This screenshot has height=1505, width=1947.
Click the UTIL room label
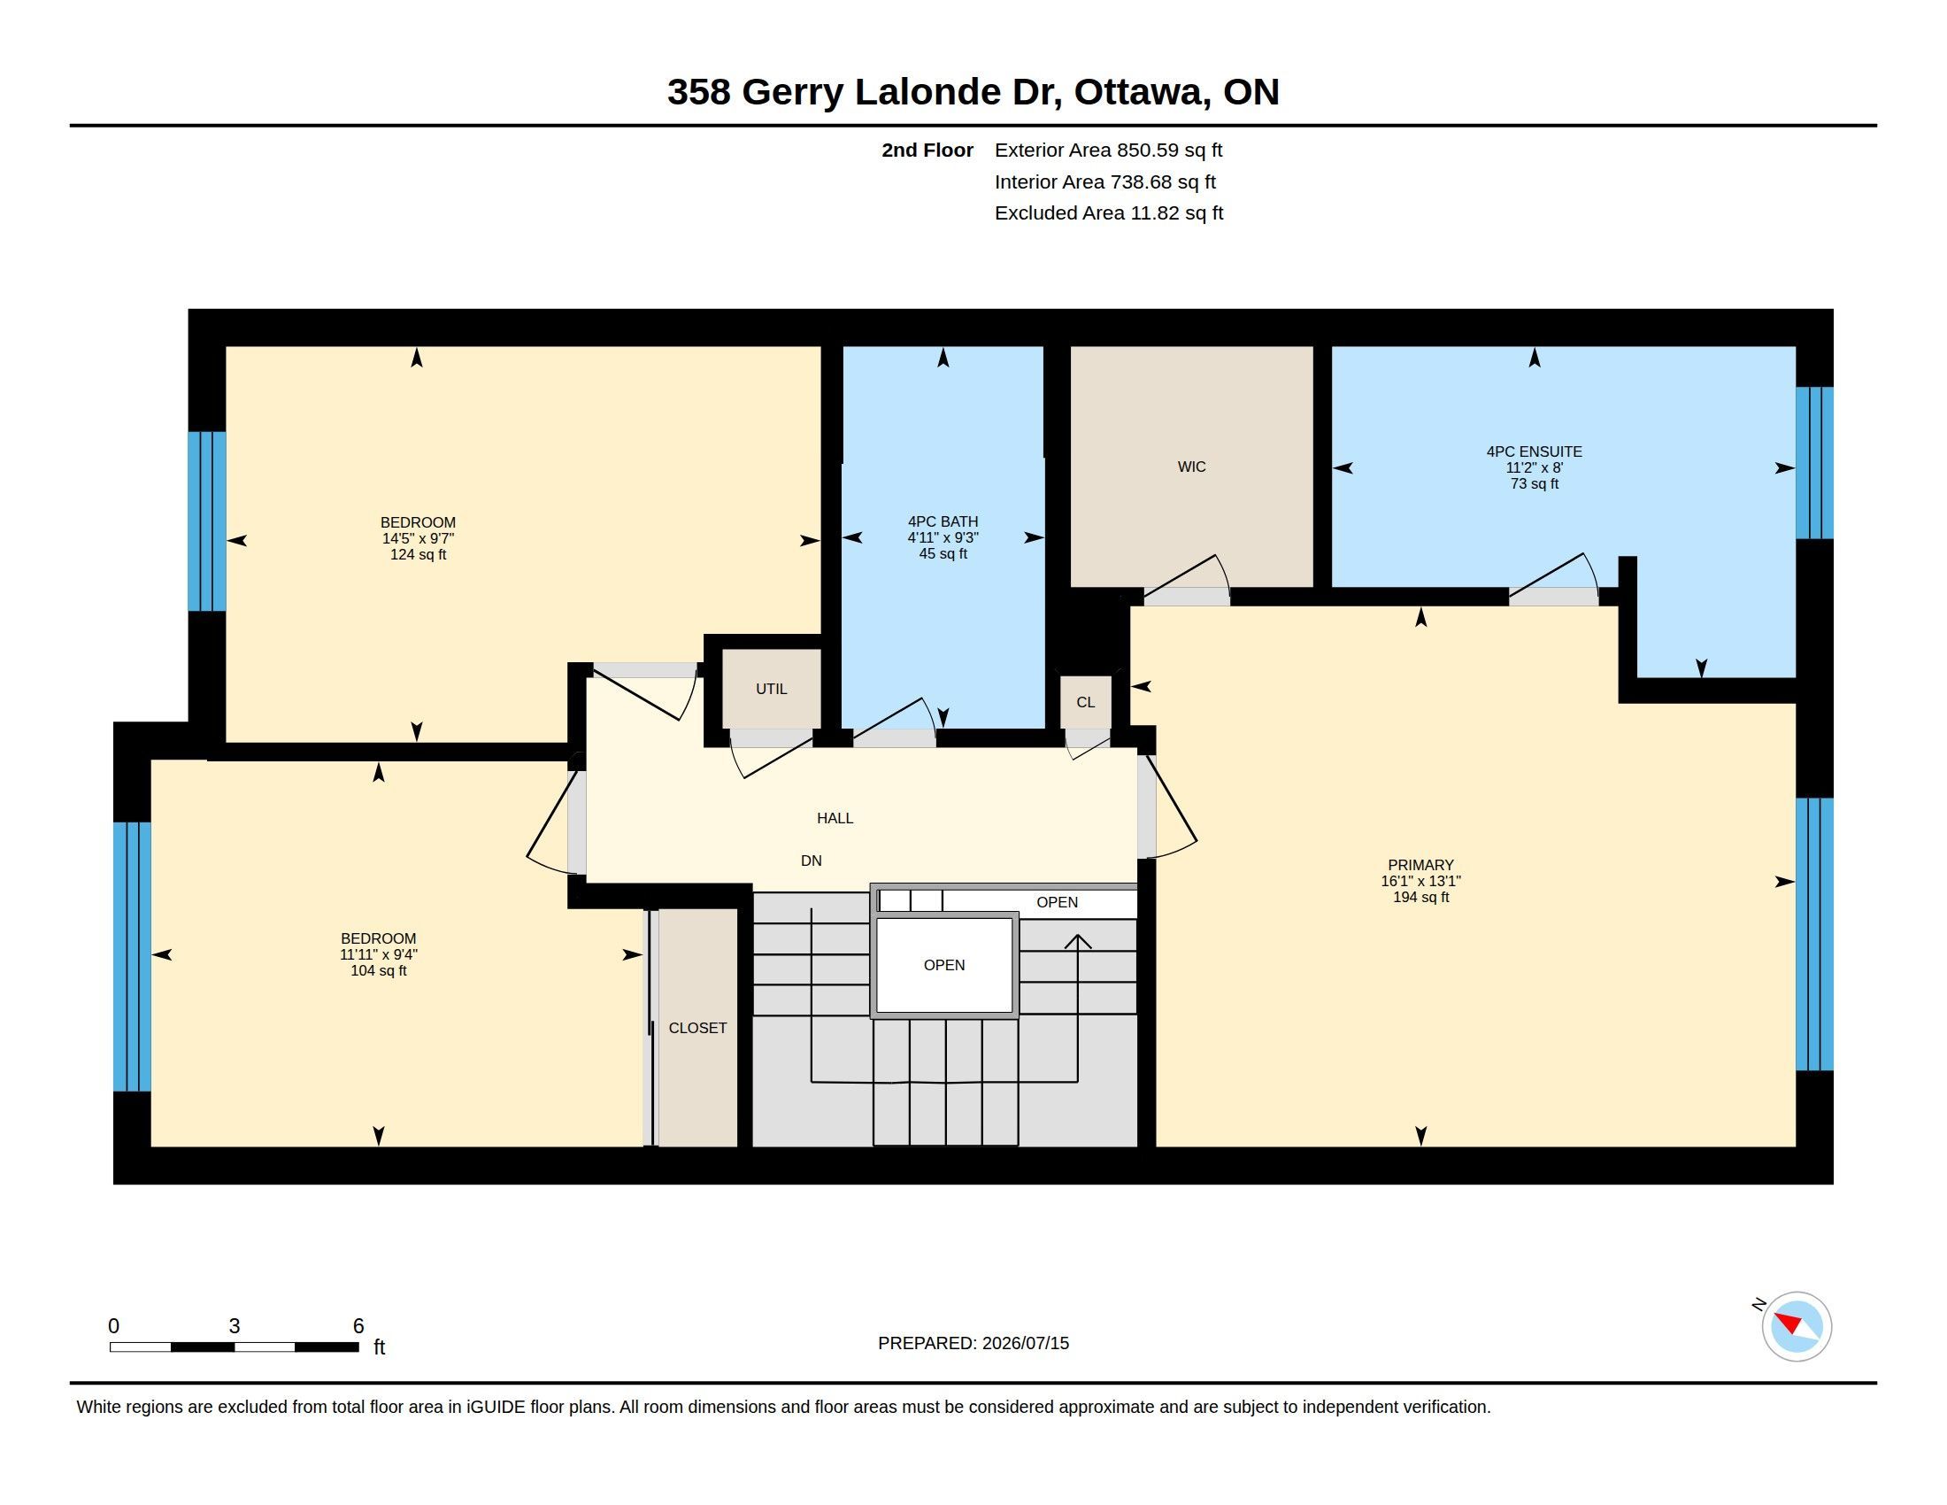[x=771, y=689]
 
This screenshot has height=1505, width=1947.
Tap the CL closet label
[x=1085, y=703]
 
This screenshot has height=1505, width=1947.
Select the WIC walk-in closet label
[x=1191, y=467]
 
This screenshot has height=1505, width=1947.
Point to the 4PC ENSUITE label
[x=1535, y=452]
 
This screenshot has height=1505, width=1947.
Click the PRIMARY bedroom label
[x=1420, y=865]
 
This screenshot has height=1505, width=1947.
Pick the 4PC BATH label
[x=943, y=521]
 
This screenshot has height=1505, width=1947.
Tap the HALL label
[x=835, y=819]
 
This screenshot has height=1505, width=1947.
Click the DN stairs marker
[x=812, y=861]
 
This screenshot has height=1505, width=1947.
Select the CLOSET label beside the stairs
[x=697, y=1028]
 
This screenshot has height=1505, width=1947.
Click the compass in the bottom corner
[x=1796, y=1326]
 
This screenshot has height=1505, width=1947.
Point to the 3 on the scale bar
[x=235, y=1326]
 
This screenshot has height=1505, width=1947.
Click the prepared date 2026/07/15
[x=1025, y=1343]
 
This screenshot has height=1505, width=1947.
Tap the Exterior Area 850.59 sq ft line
[x=1108, y=150]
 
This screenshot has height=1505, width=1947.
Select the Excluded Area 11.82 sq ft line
[x=1108, y=213]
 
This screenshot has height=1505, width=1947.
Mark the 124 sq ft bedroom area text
[x=418, y=554]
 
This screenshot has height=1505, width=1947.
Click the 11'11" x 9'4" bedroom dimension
[x=378, y=954]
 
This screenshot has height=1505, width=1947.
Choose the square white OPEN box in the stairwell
[x=944, y=965]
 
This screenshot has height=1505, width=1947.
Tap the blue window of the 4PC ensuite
[x=1814, y=463]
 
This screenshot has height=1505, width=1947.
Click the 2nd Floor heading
[x=927, y=150]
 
